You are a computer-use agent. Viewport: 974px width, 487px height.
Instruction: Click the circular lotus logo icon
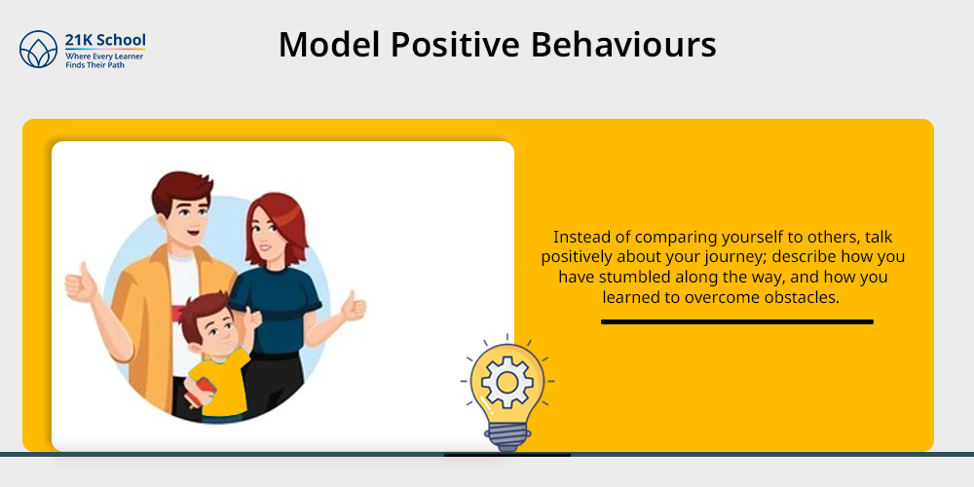[39, 49]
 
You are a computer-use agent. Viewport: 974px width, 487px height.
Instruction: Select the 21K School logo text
[105, 40]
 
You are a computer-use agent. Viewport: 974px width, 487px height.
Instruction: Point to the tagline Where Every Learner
[104, 56]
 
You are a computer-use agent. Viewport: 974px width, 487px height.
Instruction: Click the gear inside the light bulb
[506, 382]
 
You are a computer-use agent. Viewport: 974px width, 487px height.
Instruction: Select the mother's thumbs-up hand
[354, 306]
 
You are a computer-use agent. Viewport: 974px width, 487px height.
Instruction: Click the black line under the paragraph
[737, 321]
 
